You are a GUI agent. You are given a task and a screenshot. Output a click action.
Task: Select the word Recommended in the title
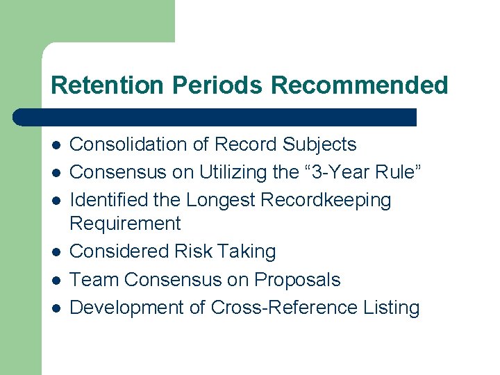(x=360, y=85)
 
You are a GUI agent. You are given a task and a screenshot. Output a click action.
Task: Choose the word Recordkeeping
(x=326, y=201)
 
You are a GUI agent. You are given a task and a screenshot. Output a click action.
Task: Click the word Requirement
(x=125, y=224)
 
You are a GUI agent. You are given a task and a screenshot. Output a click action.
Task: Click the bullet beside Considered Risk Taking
(x=55, y=251)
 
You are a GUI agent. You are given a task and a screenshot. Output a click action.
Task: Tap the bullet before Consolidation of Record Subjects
(x=55, y=145)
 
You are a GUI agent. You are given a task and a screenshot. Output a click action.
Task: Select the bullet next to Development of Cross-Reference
(x=55, y=308)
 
